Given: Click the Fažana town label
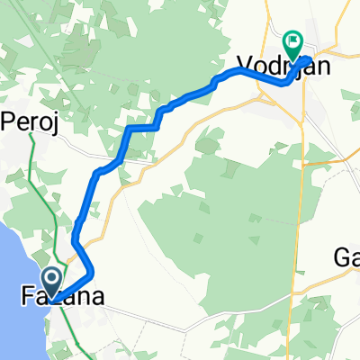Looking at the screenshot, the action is pos(59,296).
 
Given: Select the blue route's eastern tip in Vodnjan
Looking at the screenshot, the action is pos(310,59).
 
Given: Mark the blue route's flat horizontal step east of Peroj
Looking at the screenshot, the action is pos(143,129).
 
